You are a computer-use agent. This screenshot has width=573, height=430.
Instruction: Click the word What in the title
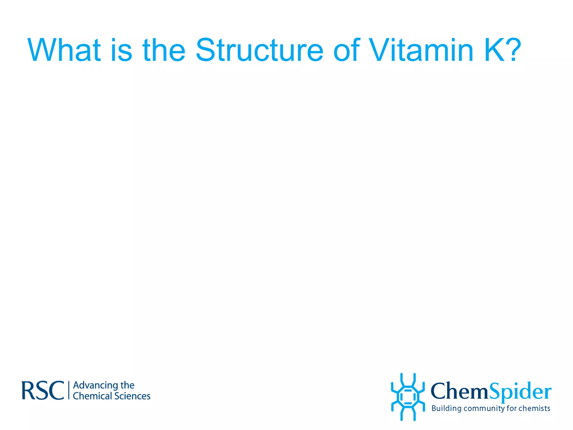(x=64, y=50)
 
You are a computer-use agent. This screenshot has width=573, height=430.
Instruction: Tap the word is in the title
(x=121, y=50)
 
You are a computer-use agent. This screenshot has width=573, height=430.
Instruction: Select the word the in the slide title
(x=164, y=50)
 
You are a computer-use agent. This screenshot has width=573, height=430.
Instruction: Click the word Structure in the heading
(x=259, y=50)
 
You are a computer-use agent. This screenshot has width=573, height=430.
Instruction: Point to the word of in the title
(x=346, y=50)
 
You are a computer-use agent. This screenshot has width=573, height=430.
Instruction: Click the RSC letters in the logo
(x=43, y=391)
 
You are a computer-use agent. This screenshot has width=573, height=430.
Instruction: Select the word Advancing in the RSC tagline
(x=95, y=385)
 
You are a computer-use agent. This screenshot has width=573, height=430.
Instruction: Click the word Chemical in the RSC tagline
(x=92, y=396)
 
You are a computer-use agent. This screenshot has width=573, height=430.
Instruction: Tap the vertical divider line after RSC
(x=69, y=390)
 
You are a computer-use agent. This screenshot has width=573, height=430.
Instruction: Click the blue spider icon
(x=408, y=397)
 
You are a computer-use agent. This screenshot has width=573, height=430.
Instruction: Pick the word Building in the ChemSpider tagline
(x=446, y=408)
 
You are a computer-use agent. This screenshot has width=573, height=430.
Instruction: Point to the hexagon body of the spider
(x=408, y=397)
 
